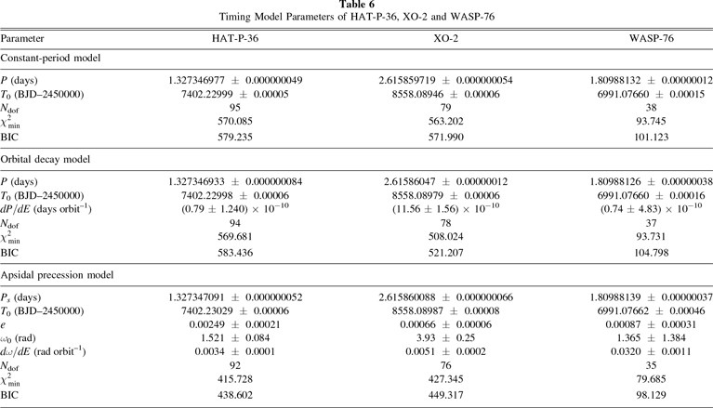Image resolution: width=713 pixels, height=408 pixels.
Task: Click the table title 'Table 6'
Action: tap(356, 6)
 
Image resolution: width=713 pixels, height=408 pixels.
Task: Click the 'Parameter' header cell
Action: tap(25, 40)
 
